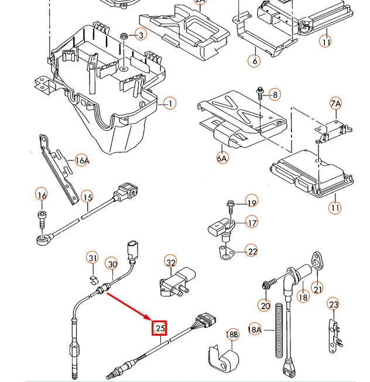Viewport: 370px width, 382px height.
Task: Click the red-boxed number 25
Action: [x=160, y=328]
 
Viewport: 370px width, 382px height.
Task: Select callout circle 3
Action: [x=141, y=36]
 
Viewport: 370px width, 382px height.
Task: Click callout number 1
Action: [x=169, y=104]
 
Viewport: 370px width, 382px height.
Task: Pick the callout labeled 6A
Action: [x=222, y=158]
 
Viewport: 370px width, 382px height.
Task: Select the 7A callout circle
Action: [x=335, y=104]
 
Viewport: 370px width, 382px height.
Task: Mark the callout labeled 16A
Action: [x=83, y=161]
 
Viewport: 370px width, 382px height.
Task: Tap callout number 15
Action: [x=87, y=197]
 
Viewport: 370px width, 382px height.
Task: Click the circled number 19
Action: [x=251, y=203]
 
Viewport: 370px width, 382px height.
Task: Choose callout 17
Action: [x=251, y=223]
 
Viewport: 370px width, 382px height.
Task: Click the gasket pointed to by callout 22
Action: [x=225, y=252]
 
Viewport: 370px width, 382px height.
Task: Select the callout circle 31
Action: [x=92, y=258]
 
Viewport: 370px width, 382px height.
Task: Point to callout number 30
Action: [x=112, y=264]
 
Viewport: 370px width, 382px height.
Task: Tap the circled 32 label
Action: [x=170, y=262]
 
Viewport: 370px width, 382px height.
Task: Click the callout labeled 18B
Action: [x=232, y=335]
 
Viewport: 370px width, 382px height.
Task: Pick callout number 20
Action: [x=265, y=305]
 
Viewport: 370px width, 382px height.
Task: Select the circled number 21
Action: [x=317, y=288]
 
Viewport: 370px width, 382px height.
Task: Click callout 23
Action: [x=333, y=304]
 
